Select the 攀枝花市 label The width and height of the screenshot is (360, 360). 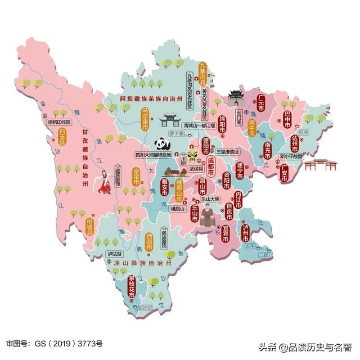[132, 287]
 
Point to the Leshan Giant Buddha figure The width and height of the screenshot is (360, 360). [209, 215]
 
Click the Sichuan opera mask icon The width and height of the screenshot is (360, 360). [191, 151]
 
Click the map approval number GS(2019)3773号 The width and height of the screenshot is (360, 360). [55, 343]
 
